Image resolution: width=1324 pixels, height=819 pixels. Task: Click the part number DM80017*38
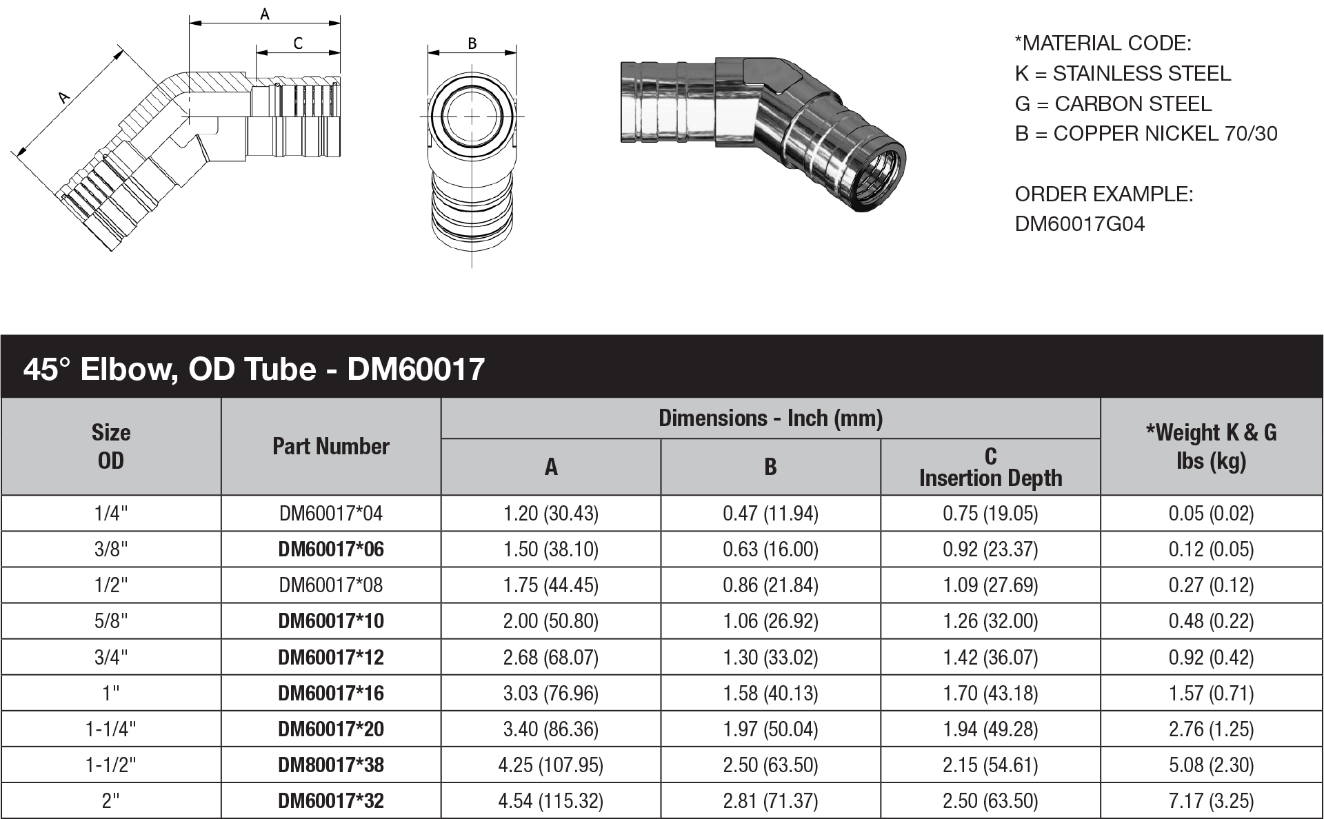[x=331, y=765]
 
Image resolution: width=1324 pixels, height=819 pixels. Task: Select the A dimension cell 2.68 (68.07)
[x=550, y=658]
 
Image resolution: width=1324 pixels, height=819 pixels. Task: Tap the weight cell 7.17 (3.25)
[x=1211, y=801]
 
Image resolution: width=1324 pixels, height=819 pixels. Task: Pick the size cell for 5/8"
[x=111, y=621]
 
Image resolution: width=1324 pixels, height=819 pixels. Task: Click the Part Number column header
[x=331, y=447]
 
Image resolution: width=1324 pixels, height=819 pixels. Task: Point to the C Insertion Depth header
[x=990, y=467]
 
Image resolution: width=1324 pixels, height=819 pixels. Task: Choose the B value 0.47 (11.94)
[x=770, y=514]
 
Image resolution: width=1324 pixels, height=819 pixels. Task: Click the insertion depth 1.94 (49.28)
[x=990, y=729]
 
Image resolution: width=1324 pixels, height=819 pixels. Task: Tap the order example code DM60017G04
[x=1079, y=224]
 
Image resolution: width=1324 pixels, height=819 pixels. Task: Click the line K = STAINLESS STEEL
[x=1123, y=74]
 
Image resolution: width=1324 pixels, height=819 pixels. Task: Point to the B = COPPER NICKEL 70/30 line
[x=1146, y=134]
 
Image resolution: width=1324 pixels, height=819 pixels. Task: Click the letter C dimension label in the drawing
[x=298, y=43]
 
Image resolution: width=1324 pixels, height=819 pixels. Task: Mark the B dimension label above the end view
[x=472, y=43]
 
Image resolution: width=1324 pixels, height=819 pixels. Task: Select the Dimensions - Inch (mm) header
[x=770, y=418]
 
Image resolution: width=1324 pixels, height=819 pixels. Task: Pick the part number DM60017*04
[x=331, y=514]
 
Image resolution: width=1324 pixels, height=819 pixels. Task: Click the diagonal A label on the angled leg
[x=64, y=98]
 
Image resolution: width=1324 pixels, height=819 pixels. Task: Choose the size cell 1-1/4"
[x=111, y=729]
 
